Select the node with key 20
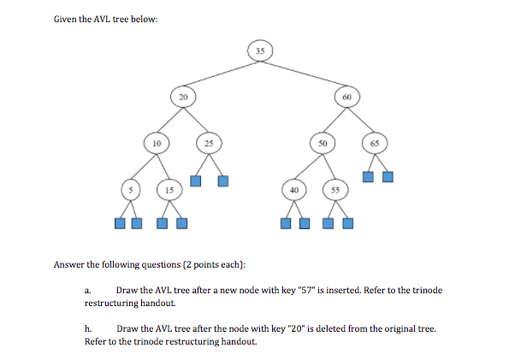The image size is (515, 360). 182,97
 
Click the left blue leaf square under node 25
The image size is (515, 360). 196,180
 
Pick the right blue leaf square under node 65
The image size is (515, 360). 388,178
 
